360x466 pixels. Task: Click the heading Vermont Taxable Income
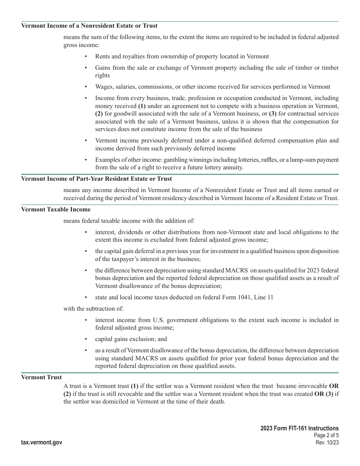[x=56, y=210]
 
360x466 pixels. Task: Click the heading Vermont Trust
[x=41, y=377]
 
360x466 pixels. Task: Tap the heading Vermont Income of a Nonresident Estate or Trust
[x=89, y=26]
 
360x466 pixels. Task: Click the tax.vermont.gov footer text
[x=42, y=443]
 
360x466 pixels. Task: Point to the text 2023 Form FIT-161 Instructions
[x=299, y=428]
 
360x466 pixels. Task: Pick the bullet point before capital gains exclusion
[x=86, y=339]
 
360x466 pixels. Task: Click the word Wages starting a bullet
[x=103, y=87]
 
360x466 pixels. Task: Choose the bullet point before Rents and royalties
[x=86, y=56]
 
